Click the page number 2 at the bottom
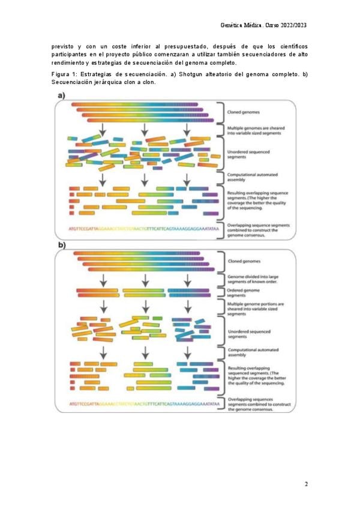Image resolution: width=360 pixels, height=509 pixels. (x=306, y=484)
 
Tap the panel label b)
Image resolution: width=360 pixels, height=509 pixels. (x=62, y=245)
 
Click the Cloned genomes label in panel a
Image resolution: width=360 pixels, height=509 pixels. (x=244, y=112)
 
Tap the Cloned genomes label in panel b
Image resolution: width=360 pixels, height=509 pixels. (x=244, y=262)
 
